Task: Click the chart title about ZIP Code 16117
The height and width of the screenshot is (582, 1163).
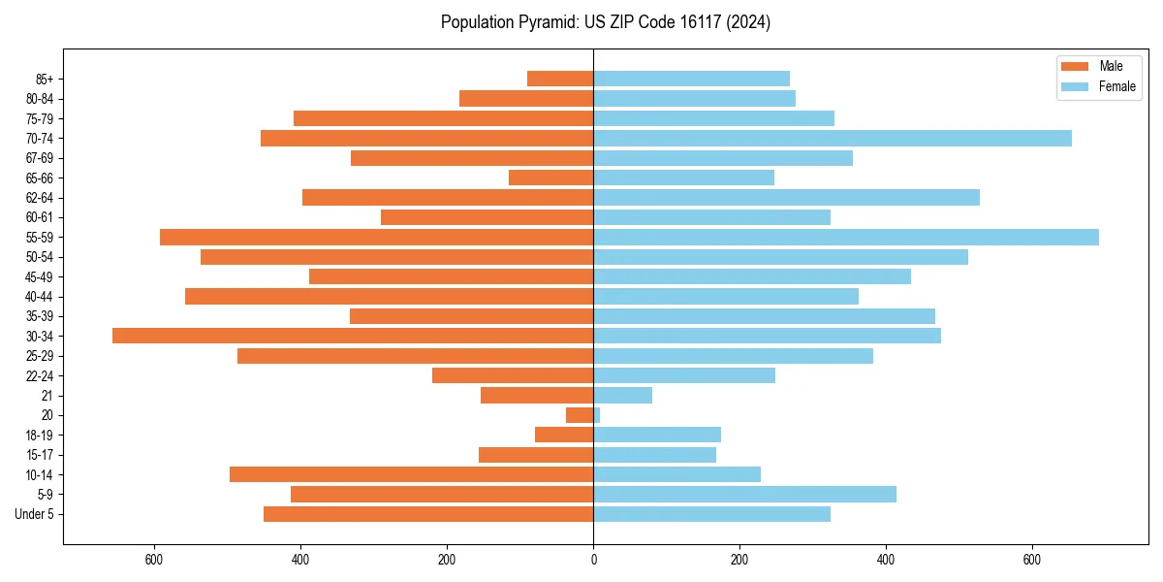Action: click(x=605, y=22)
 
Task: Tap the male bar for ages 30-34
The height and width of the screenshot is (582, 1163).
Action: click(x=353, y=336)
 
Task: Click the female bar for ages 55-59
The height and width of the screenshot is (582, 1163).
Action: click(x=846, y=237)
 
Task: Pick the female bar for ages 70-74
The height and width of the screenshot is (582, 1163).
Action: click(x=833, y=138)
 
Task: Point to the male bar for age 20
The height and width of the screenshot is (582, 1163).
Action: click(x=580, y=415)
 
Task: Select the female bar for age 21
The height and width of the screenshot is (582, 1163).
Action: click(x=622, y=395)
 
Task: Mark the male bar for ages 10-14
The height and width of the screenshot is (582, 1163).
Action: click(x=411, y=474)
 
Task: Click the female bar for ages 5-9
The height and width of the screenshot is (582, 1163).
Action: click(x=744, y=494)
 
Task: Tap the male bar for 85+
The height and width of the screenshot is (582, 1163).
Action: click(x=560, y=79)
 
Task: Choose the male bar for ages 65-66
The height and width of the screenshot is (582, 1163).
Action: click(x=550, y=178)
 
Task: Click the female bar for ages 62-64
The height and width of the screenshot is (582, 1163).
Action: click(x=786, y=197)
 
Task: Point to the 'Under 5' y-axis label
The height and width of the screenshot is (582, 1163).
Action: click(x=34, y=514)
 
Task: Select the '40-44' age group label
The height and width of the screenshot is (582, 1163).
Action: click(x=40, y=297)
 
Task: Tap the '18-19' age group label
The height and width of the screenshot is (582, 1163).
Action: click(x=40, y=435)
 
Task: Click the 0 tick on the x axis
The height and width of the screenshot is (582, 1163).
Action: click(x=593, y=560)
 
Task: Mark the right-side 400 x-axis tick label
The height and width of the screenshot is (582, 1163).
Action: click(x=886, y=560)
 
